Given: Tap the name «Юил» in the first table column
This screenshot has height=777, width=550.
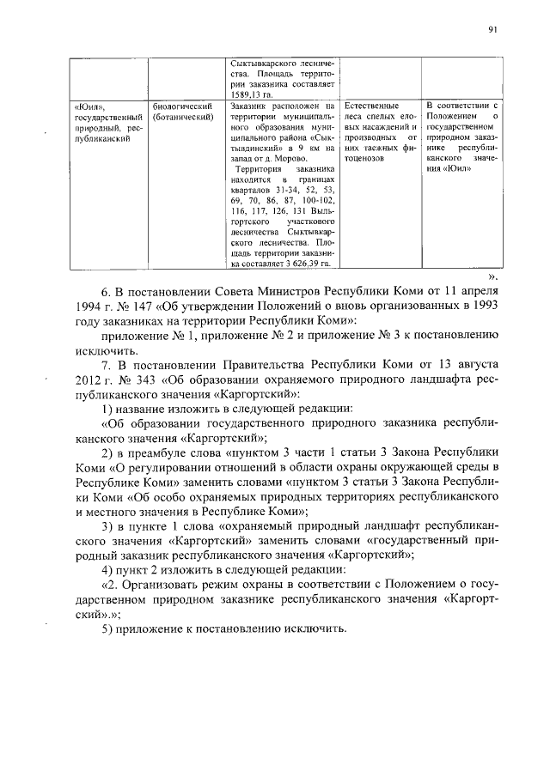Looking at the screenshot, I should click(x=88, y=106).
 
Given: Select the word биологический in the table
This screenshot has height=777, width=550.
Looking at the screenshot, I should click(x=181, y=106).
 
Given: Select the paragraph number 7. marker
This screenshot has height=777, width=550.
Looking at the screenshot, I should click(x=107, y=367).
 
